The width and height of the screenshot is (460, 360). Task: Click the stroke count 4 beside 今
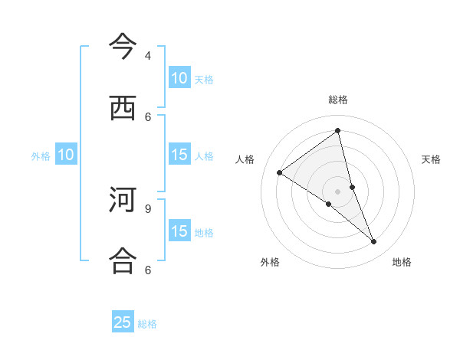148,56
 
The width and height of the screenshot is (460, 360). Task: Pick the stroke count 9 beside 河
148,208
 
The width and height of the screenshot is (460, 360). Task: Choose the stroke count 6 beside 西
148,116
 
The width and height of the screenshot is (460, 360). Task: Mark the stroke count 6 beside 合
148,270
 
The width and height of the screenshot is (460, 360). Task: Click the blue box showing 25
123,322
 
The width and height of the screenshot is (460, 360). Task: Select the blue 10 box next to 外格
66,155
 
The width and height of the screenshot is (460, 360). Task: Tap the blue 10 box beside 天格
179,78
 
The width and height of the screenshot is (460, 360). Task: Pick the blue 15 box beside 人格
179,155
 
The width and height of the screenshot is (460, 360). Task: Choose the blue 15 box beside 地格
179,231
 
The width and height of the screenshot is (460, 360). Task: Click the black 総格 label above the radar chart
338,100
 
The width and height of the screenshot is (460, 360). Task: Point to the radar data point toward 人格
280,172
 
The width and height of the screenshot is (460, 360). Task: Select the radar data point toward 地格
374,242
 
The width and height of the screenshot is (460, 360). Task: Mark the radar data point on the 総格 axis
338,131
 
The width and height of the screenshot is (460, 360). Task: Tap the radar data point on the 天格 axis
353,187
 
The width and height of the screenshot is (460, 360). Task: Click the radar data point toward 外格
328,204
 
